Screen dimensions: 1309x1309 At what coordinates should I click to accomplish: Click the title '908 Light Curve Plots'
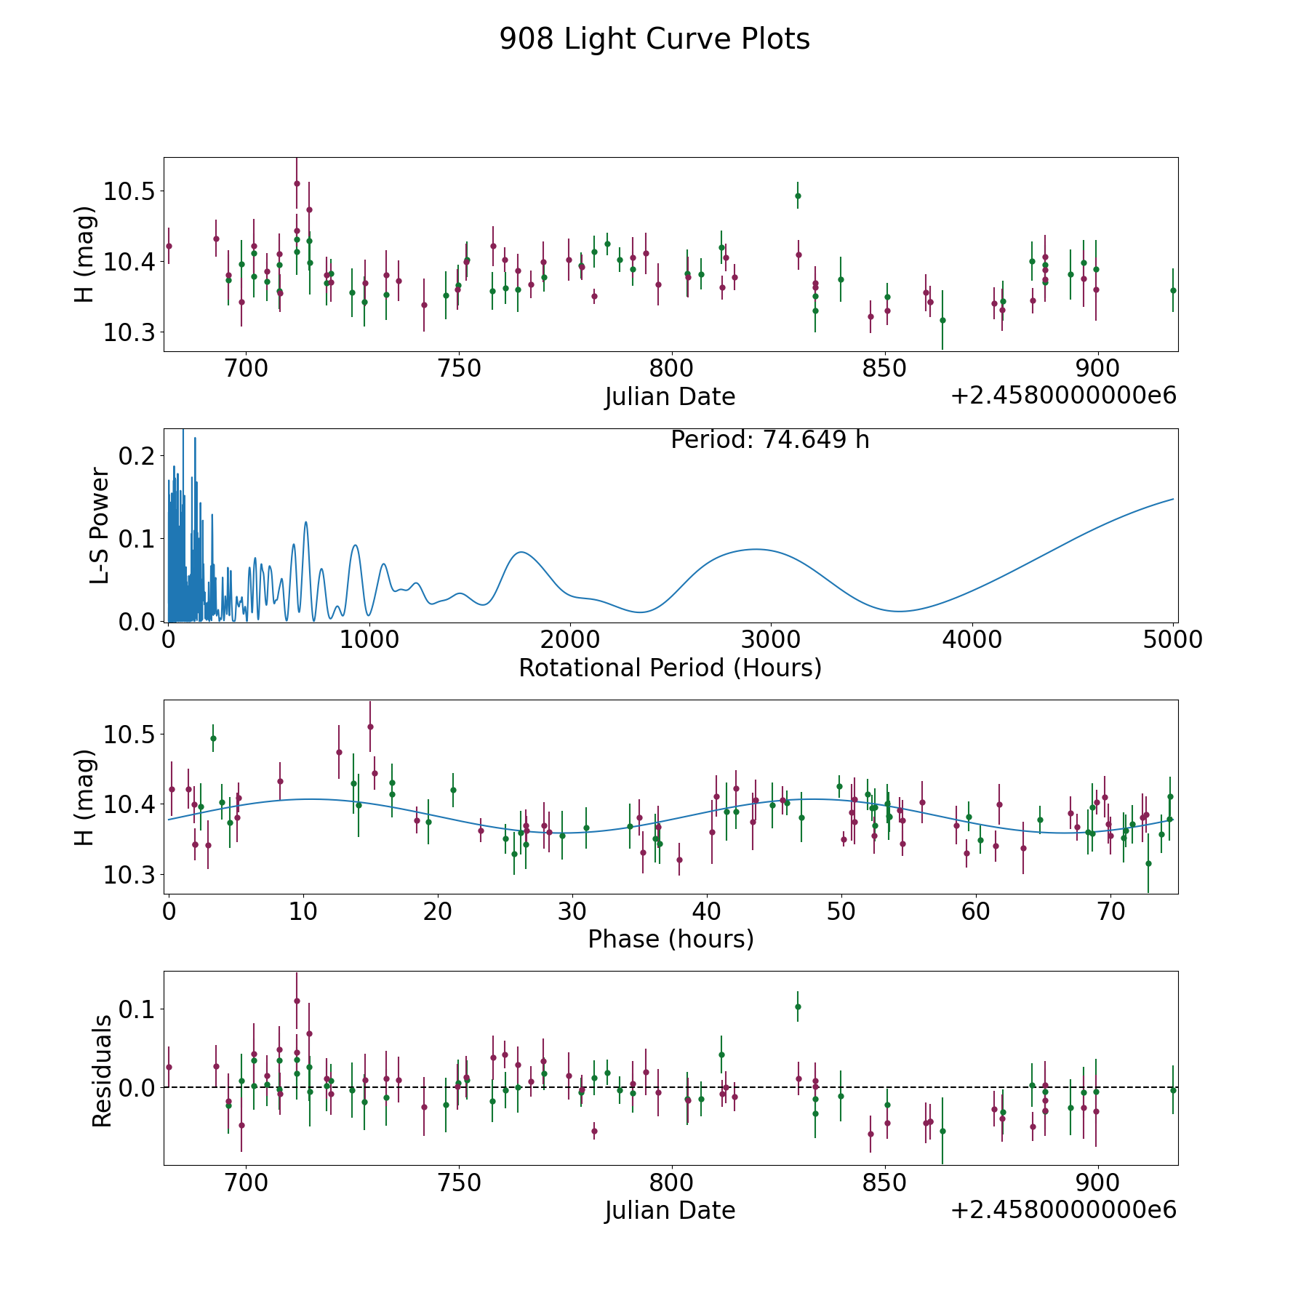pyautogui.click(x=654, y=39)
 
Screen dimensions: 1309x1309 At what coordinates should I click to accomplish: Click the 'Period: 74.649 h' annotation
pyautogui.click(x=769, y=440)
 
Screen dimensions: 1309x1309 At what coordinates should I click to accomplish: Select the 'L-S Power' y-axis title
pyautogui.click(x=100, y=525)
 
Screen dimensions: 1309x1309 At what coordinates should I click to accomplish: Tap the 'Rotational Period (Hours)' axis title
pyautogui.click(x=670, y=668)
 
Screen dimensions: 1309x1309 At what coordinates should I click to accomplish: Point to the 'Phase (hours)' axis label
pyautogui.click(x=670, y=939)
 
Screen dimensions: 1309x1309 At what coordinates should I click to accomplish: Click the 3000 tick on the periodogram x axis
pyautogui.click(x=770, y=640)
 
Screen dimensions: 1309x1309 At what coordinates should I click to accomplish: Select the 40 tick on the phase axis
pyautogui.click(x=707, y=911)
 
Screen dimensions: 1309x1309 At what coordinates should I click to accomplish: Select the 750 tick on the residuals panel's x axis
pyautogui.click(x=459, y=1182)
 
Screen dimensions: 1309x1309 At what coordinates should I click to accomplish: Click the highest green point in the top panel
pyautogui.click(x=798, y=196)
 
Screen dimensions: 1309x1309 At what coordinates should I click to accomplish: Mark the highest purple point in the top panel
pyautogui.click(x=297, y=183)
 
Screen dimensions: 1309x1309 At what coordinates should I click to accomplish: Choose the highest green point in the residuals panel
pyautogui.click(x=798, y=1006)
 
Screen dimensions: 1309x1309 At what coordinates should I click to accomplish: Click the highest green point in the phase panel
pyautogui.click(x=213, y=738)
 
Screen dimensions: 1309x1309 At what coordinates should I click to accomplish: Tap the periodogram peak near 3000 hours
pyautogui.click(x=756, y=549)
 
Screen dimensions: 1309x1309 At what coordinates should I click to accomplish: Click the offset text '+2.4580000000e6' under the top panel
pyautogui.click(x=1063, y=396)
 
